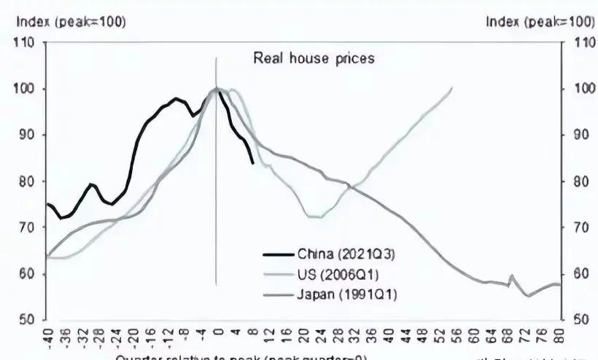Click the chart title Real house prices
pos(314,58)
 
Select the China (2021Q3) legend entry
pos(343,254)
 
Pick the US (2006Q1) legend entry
pos(338,274)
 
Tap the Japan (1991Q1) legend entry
pos(346,294)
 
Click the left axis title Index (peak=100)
pos(71,22)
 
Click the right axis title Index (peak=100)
pos(540,22)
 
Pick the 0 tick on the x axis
pos(217,337)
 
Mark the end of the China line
pos(253,163)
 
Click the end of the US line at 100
pos(452,88)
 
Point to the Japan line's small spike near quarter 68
pos(510,276)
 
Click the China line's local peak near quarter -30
pos(90,184)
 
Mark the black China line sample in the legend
pos(278,254)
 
